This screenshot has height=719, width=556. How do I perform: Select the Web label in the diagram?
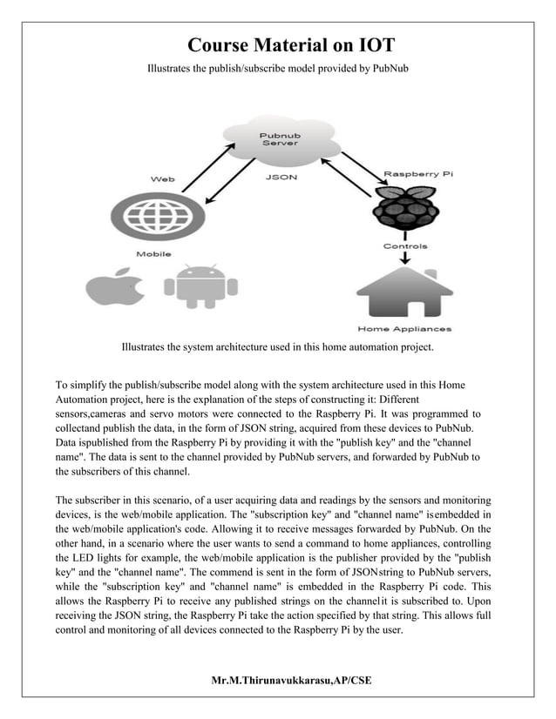[x=163, y=178]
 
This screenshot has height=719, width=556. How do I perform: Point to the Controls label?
[x=405, y=246]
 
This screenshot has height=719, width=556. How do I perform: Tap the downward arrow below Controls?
[x=405, y=259]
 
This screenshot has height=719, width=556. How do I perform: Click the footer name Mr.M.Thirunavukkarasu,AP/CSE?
[x=290, y=679]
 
